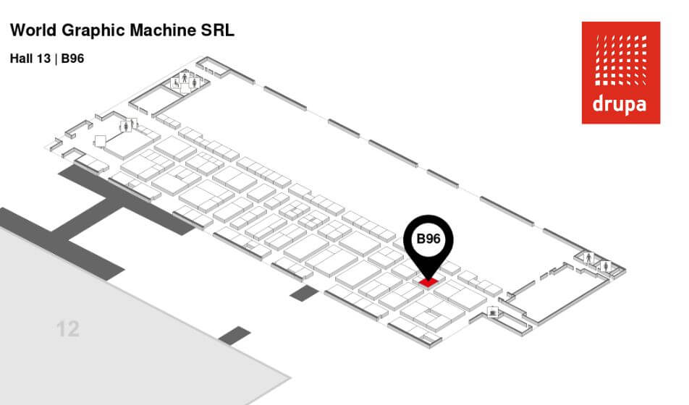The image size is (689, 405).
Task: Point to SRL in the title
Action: [215, 31]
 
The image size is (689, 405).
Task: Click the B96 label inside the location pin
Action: [428, 239]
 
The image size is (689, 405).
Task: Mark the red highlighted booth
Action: [428, 280]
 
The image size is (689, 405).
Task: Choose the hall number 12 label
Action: [67, 330]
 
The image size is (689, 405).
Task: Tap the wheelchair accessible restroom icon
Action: [175, 83]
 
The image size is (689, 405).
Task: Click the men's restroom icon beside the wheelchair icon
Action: [185, 77]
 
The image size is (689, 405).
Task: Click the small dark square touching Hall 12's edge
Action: [234, 335]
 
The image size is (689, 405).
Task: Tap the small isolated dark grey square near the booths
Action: [304, 293]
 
